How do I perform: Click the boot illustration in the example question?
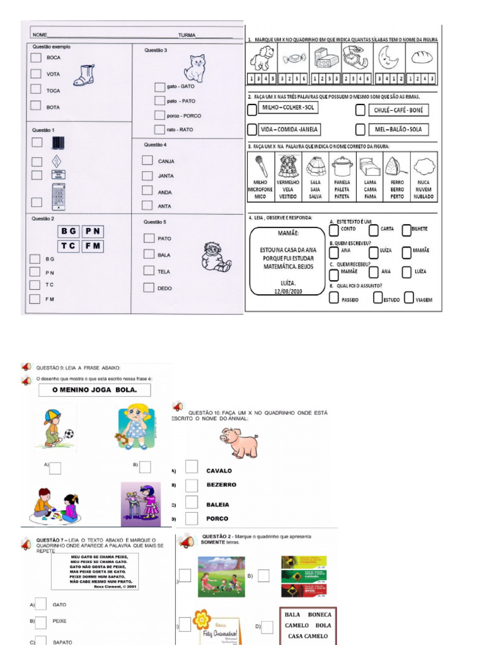pyautogui.click(x=84, y=75)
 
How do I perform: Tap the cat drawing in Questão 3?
pyautogui.click(x=195, y=68)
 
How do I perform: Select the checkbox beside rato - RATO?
pyautogui.click(x=159, y=129)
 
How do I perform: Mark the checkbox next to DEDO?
pyautogui.click(x=149, y=288)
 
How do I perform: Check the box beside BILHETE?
pyautogui.click(x=406, y=229)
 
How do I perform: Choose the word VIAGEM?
pyautogui.click(x=424, y=300)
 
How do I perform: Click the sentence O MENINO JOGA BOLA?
pyautogui.click(x=93, y=390)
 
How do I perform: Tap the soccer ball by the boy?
pyautogui.click(x=69, y=433)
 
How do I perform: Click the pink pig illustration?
pyautogui.click(x=240, y=442)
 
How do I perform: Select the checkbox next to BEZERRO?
pyautogui.click(x=192, y=485)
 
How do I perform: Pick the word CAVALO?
pyautogui.click(x=219, y=471)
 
